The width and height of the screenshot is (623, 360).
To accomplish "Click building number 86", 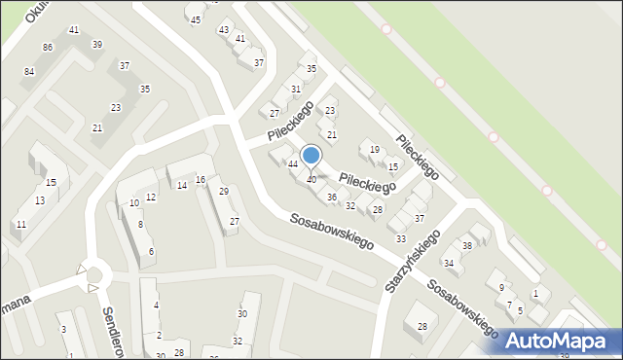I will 48,48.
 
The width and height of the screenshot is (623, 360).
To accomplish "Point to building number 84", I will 29,72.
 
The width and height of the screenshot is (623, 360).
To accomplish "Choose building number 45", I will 196,19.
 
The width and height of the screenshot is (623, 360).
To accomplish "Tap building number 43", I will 224,30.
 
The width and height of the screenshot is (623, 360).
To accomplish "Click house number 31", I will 296,90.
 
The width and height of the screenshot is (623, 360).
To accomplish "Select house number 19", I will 375,149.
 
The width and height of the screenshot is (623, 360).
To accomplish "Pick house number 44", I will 292,163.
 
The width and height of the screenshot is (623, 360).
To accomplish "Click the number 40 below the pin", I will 311,179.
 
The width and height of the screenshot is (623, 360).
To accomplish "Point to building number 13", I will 40,200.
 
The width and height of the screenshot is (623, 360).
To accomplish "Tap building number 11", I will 20,225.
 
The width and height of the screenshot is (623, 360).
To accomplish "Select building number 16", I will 200,180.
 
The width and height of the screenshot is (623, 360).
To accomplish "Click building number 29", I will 223,191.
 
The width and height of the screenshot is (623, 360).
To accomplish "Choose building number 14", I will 181,185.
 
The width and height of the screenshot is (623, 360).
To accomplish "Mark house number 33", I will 400,239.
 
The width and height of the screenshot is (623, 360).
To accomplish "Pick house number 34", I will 449,263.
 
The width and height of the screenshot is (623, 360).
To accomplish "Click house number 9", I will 501,287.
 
